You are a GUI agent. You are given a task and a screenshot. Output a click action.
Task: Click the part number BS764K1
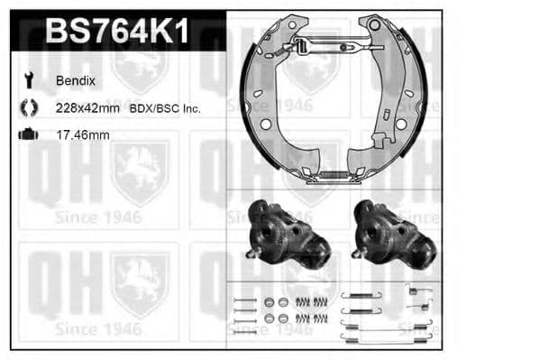117,32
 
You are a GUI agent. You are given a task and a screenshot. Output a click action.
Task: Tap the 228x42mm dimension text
87,108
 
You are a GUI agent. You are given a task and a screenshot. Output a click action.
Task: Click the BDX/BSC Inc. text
165,108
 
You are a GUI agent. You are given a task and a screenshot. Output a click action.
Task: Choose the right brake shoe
397,99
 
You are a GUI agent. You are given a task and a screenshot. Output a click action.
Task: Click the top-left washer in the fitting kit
268,301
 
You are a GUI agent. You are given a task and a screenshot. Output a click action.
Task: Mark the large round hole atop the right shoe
374,25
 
